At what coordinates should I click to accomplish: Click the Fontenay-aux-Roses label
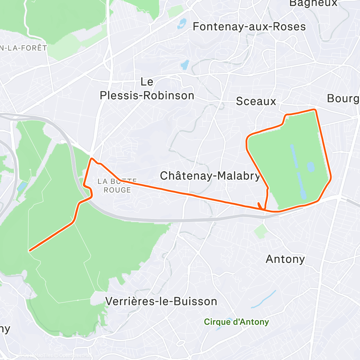[249, 27]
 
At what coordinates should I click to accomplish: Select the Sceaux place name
[256, 101]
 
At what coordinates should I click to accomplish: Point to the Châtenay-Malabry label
[210, 176]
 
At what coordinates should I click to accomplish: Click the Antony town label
[285, 259]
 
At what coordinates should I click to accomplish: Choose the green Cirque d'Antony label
[237, 321]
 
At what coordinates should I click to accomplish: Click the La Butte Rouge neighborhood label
[117, 185]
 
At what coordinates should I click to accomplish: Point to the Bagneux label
[313, 3]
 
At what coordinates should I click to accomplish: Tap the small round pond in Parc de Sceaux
[310, 167]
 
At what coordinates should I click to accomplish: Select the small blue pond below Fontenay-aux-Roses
[185, 65]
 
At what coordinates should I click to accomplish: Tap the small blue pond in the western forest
[22, 186]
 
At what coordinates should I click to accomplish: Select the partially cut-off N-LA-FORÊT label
[24, 48]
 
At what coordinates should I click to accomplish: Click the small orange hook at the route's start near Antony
[260, 206]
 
